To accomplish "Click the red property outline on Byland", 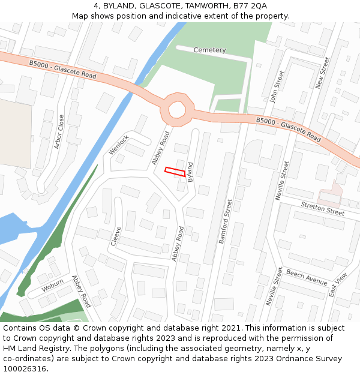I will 175,172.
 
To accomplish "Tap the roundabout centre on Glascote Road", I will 178,110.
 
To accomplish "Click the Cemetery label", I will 209,50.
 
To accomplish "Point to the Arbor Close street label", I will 58,132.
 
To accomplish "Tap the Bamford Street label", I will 225,221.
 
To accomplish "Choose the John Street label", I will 277,86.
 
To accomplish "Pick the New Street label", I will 323,73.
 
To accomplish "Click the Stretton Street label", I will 322,209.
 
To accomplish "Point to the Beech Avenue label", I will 306,277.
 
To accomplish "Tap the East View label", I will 338,285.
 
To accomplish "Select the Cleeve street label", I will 116,236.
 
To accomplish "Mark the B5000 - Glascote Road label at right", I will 289,128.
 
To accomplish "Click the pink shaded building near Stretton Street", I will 330,195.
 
